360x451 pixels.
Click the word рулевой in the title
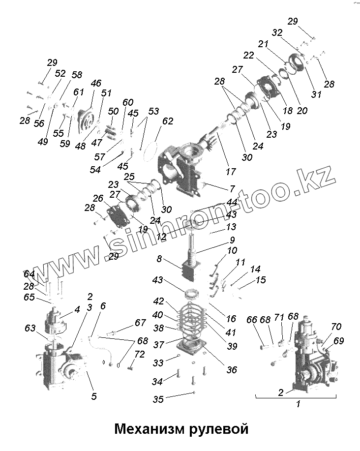[217, 429]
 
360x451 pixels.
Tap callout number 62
[168, 121]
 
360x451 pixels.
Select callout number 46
[96, 83]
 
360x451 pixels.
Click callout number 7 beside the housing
[232, 189]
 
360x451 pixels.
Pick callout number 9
[232, 241]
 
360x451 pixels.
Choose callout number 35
[158, 399]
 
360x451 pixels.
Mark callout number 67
[141, 323]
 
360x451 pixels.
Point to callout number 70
[336, 326]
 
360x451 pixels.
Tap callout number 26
[97, 199]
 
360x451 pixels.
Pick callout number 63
[31, 328]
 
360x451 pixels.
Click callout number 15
[260, 280]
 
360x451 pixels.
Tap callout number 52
[60, 73]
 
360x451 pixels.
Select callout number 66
[251, 320]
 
